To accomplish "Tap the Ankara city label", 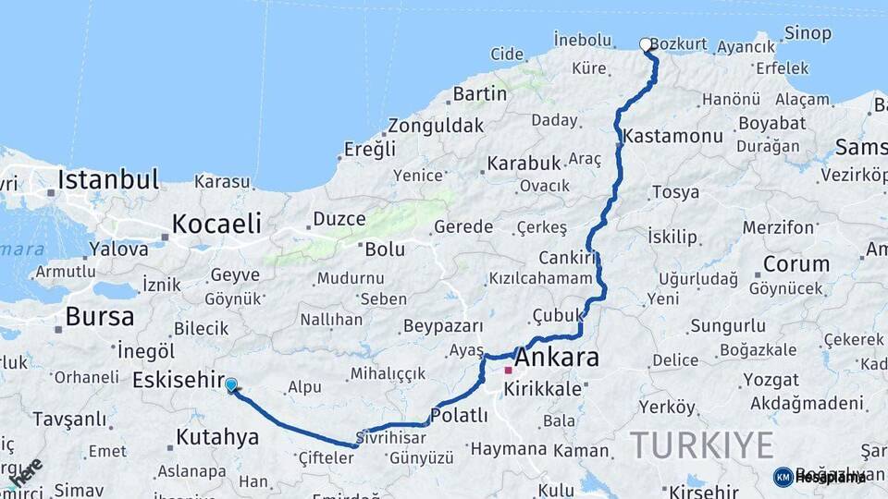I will click(557, 358).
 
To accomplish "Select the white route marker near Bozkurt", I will click(646, 43).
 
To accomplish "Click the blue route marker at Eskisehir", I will click(230, 385).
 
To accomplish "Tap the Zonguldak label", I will click(436, 125).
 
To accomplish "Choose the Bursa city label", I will click(99, 317).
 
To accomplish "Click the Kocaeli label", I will click(216, 223).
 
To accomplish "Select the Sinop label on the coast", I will click(808, 33).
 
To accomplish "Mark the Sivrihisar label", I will click(391, 437).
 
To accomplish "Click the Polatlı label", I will click(459, 416).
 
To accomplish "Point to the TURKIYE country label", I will click(702, 445).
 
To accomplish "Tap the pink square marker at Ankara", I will click(508, 370).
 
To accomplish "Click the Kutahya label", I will click(216, 436).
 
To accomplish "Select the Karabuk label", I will click(524, 163).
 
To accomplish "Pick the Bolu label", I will click(385, 249).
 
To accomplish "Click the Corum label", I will click(795, 263).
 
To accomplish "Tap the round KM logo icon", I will click(783, 477).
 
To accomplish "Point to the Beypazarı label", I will click(444, 326).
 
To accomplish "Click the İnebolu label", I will click(583, 40).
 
